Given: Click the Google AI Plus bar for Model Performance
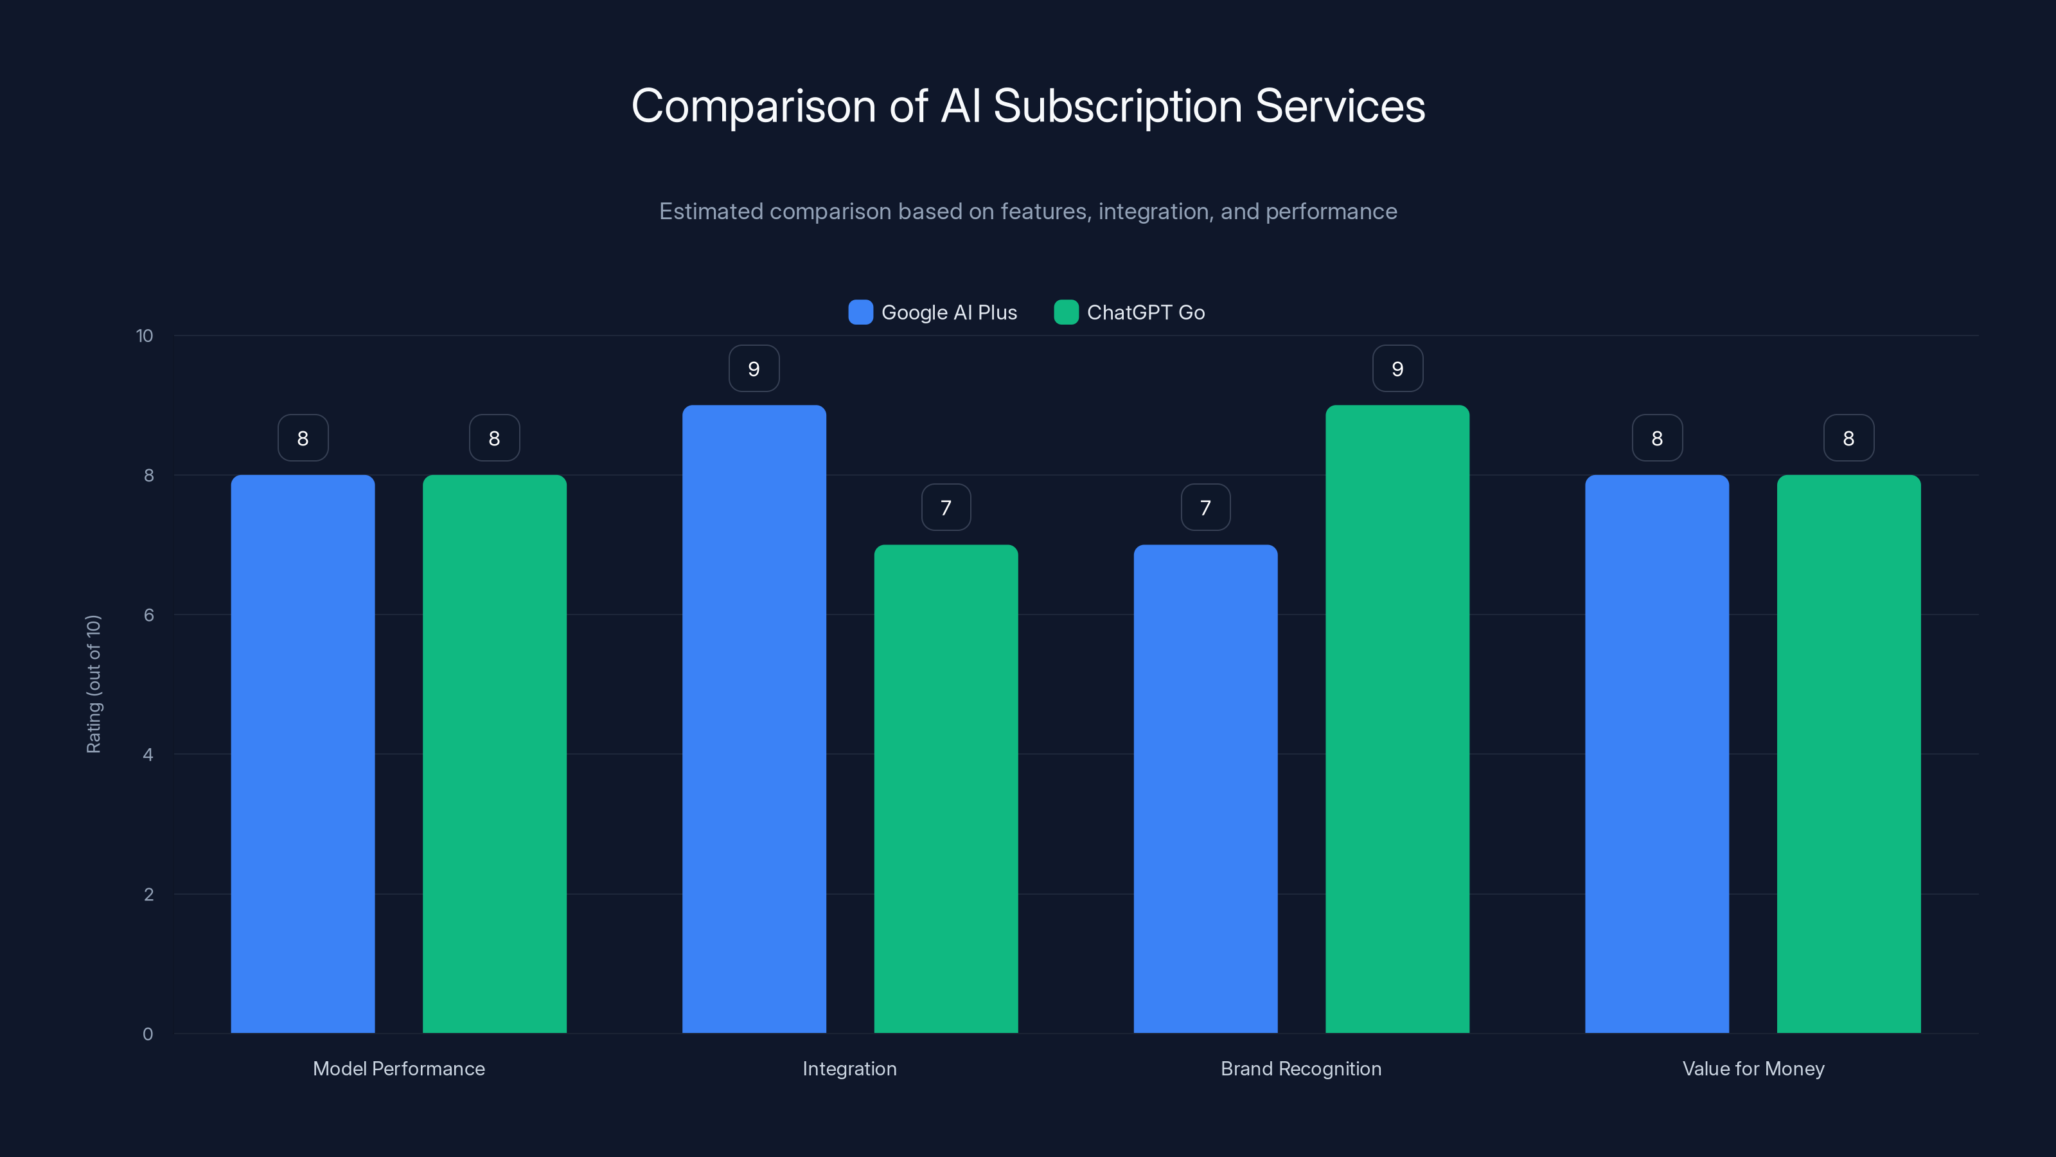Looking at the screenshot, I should point(303,754).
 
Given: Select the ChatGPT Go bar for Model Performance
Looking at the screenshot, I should point(494,754).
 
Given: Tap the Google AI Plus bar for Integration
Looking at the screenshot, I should point(754,719).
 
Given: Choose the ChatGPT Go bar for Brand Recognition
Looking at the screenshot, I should point(1397,719).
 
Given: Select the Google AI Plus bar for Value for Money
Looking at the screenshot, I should point(1657,754).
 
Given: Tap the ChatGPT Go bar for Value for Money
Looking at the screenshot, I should point(1848,754).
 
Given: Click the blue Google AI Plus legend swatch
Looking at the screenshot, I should point(860,312).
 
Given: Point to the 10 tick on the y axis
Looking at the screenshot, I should point(145,336).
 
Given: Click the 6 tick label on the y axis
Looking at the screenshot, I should point(148,615).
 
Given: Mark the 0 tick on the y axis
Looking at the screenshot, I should point(148,1034).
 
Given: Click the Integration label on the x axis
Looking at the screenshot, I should point(849,1068).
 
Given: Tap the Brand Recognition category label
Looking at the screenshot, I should point(1301,1068).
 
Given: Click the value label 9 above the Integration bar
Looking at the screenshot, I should point(754,369).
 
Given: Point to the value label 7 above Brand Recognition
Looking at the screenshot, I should point(1205,508).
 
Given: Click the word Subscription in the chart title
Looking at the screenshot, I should point(1117,106).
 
